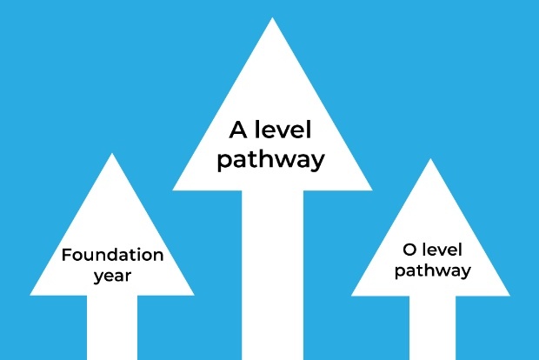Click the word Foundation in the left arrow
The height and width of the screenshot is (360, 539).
click(x=112, y=256)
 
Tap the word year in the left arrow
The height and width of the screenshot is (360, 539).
click(x=112, y=277)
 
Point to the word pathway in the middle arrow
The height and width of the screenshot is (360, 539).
click(x=271, y=159)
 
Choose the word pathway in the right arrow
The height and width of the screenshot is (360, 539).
click(x=432, y=270)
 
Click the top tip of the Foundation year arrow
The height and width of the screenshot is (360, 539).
click(x=112, y=155)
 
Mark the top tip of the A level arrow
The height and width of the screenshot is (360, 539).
click(x=272, y=19)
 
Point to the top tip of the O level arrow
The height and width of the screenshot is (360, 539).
click(x=430, y=160)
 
